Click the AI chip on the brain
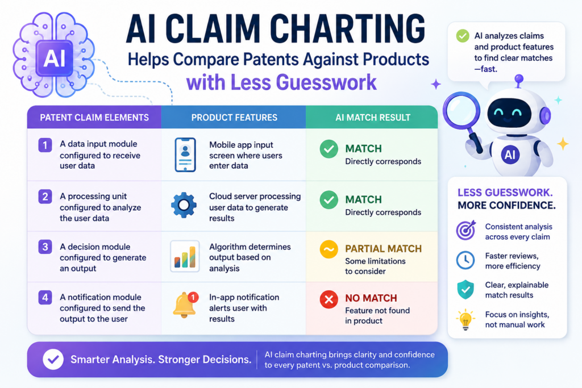[x=54, y=59]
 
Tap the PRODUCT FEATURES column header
[x=234, y=118]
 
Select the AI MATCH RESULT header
[x=373, y=118]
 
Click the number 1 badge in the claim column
[x=45, y=145]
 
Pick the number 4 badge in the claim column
[x=45, y=298]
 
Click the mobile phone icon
[x=185, y=155]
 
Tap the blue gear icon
[x=184, y=205]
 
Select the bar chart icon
[x=185, y=256]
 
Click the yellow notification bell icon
[x=185, y=304]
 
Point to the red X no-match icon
[x=329, y=299]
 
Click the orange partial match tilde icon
[x=329, y=249]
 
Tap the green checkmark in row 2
[x=329, y=200]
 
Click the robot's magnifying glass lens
[x=462, y=110]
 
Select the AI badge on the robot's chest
[x=510, y=155]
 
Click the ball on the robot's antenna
[x=519, y=78]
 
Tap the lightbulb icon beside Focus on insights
[x=465, y=319]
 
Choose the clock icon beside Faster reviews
[x=465, y=260]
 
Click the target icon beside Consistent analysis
[x=465, y=230]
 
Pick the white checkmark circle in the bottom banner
[x=53, y=360]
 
